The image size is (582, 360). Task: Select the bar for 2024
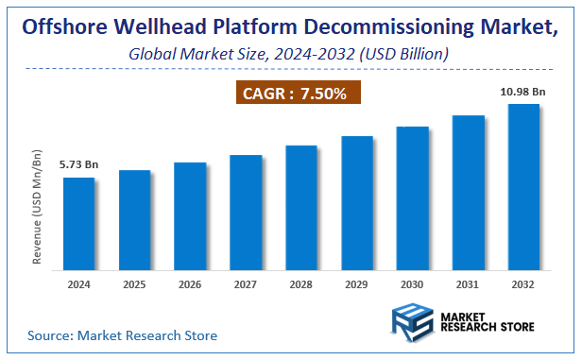click(78, 223)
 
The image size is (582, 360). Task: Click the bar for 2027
click(246, 212)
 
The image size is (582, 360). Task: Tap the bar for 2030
click(413, 197)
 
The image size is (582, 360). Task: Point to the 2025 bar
click(134, 219)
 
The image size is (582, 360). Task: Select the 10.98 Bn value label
click(524, 92)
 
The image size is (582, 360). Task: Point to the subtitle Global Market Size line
click(288, 55)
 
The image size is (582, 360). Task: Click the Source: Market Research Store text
click(123, 334)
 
